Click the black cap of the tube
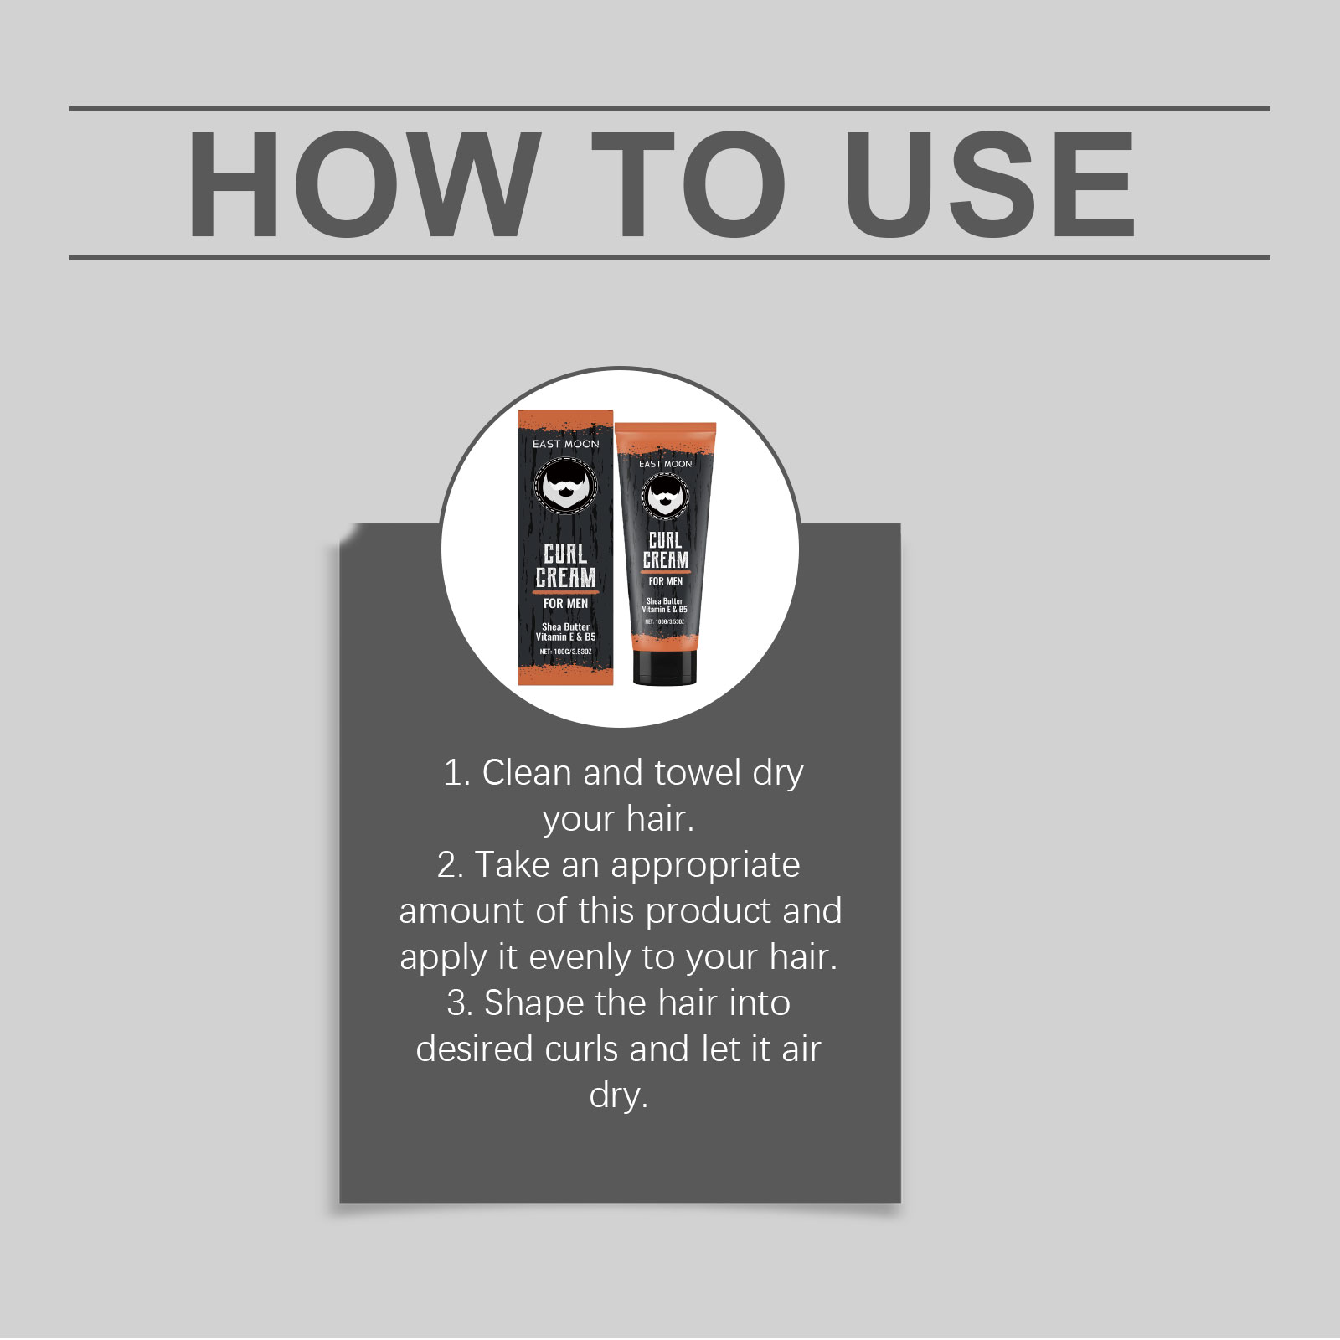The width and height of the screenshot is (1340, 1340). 665,667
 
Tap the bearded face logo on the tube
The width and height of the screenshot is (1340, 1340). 665,496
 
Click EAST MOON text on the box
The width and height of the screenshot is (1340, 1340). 566,444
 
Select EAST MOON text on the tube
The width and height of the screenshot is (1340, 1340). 666,463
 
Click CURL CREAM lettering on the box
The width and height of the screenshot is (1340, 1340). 566,566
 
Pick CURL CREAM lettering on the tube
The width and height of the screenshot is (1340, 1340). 666,550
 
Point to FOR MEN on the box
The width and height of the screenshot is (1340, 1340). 566,603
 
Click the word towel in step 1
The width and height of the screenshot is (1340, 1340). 698,773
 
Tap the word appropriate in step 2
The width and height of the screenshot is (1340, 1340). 706,866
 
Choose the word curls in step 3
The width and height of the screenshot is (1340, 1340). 581,1049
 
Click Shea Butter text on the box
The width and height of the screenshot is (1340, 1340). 566,626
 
